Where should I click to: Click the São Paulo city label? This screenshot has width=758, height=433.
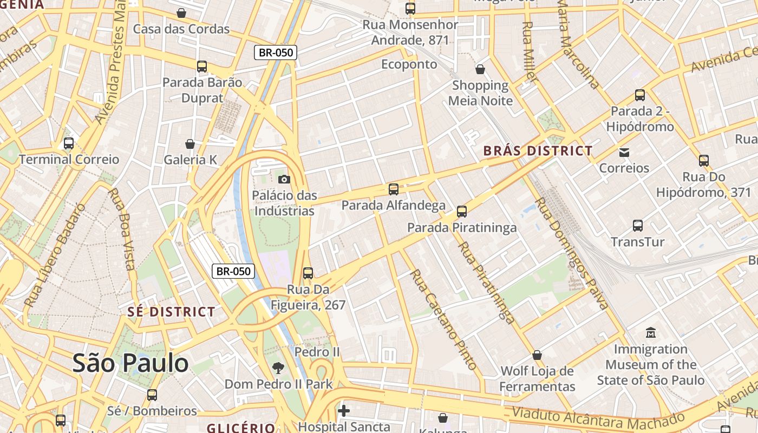[x=130, y=363]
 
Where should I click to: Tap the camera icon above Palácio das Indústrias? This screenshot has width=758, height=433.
[x=284, y=179]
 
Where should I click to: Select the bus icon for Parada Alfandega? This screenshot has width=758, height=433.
[x=394, y=189]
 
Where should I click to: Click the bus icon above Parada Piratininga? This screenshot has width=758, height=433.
[x=462, y=212]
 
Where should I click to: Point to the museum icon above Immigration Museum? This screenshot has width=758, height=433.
[x=651, y=332]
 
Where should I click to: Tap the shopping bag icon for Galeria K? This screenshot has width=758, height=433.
[x=190, y=144]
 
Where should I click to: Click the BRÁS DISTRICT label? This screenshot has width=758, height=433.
[x=538, y=151]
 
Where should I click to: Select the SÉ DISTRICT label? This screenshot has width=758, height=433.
[x=171, y=312]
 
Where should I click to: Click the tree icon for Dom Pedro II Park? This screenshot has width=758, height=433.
[x=278, y=368]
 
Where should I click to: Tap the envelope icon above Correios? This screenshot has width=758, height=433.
[x=624, y=152]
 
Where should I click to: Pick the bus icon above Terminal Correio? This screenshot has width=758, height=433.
[x=69, y=143]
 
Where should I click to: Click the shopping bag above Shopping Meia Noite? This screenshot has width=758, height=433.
[x=480, y=69]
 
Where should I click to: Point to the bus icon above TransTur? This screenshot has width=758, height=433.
[x=638, y=226]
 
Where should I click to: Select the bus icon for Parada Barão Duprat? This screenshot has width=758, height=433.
[x=202, y=67]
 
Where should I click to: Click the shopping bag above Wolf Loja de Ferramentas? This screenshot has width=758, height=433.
[x=537, y=355]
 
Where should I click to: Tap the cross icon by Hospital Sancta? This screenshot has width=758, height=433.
[x=344, y=411]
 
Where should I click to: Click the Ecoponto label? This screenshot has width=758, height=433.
[x=409, y=64]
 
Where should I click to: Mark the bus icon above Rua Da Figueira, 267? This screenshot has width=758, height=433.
[x=308, y=273]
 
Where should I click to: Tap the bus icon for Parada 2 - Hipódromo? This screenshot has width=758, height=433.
[x=640, y=95]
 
